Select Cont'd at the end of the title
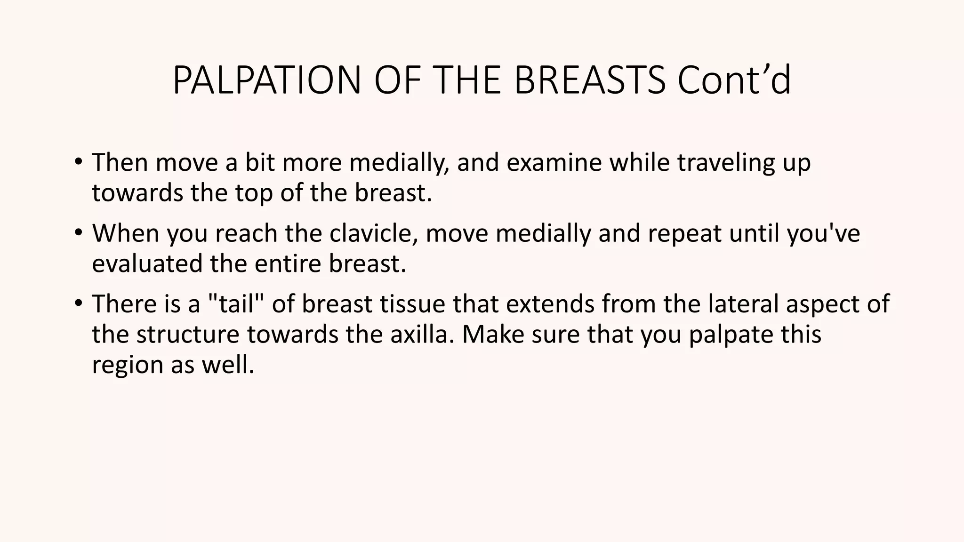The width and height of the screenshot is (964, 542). pos(734,80)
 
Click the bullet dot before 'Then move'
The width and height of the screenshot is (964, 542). pos(78,162)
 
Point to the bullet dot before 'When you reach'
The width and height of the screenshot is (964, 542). pos(78,232)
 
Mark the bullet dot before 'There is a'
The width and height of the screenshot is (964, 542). pos(78,303)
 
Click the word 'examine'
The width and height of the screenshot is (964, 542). pos(554,162)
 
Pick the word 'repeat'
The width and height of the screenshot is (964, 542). pos(684,234)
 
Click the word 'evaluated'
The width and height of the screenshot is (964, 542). pos(147,263)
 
